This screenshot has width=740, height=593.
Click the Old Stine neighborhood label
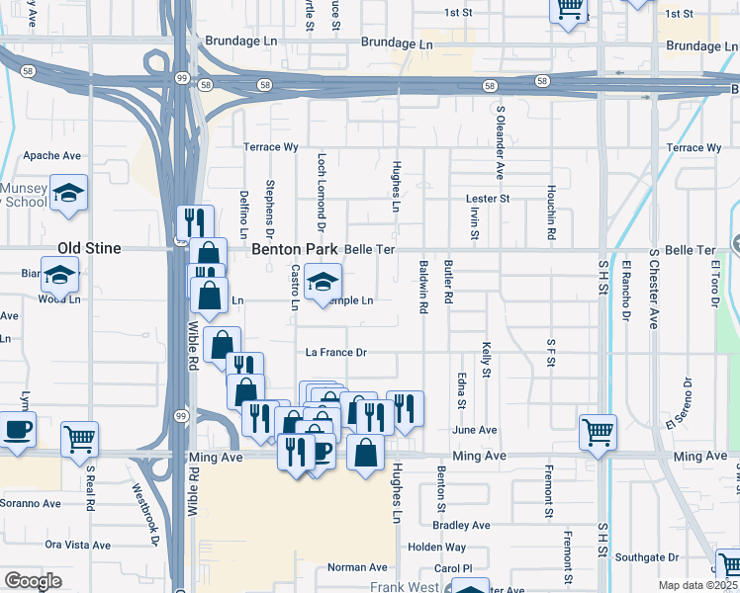[x=90, y=249]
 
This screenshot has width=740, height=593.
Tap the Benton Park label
[x=295, y=249]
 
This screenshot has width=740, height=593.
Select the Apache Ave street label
[x=51, y=156]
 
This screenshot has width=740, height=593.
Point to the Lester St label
[x=487, y=199]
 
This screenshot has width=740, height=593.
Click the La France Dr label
[x=335, y=353]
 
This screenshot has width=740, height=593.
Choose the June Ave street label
[x=474, y=430]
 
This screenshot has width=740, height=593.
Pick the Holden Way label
[x=436, y=547]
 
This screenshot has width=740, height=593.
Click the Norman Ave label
[x=357, y=567]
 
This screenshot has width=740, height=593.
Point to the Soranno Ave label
[x=30, y=503]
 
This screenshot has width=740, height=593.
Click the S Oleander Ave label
[x=501, y=142]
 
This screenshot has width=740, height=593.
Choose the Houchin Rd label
[x=551, y=213]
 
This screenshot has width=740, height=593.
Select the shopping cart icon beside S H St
[x=598, y=430]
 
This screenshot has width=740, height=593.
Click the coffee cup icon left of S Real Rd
[x=17, y=429]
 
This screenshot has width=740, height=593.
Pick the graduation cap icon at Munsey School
[x=69, y=192]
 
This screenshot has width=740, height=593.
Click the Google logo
[x=33, y=581]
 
